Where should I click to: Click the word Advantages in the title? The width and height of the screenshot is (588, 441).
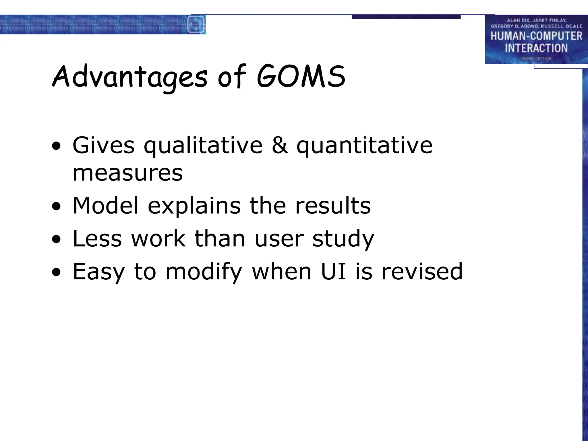pos(129,77)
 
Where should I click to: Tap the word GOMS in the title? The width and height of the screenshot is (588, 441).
pos(301,77)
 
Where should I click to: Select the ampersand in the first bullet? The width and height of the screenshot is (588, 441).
pos(280,145)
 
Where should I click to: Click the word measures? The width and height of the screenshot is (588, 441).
pos(127,173)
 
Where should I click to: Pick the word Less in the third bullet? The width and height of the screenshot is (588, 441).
pos(97,239)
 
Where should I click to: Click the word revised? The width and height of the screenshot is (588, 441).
pos(422,271)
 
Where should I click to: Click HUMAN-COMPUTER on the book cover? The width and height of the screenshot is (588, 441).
pos(536,36)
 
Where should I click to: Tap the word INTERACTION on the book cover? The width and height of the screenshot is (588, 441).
pos(536,48)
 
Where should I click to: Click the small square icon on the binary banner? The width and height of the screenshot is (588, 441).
pos(196,24)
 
